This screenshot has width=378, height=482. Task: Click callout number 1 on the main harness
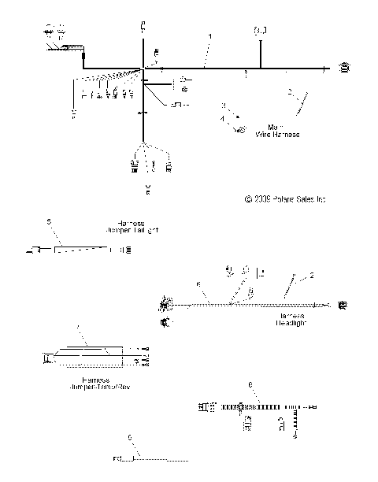pos(209,37)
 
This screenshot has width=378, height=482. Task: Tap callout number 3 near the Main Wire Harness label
pos(223,105)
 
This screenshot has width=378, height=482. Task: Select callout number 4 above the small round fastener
pos(223,118)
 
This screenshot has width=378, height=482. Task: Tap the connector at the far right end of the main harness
pos(345,69)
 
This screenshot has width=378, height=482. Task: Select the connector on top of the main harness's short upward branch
pos(261,31)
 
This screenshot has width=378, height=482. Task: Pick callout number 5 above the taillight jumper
pos(49,223)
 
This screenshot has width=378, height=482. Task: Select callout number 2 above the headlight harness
pos(312,276)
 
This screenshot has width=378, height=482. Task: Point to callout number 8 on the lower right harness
pos(251,385)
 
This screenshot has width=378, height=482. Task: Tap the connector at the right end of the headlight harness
pos(342,303)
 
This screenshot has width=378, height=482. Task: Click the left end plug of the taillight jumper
pos(35,250)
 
